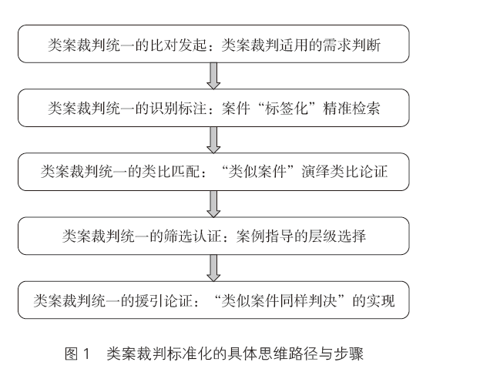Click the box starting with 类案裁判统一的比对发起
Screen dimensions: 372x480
click(214, 45)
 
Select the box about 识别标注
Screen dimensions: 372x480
click(214, 109)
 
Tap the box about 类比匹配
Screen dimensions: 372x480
click(214, 171)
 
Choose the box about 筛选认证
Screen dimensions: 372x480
click(214, 235)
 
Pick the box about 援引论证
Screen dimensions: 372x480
click(214, 300)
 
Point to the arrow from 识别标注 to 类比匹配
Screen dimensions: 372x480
click(214, 140)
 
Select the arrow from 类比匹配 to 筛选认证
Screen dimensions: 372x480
click(214, 203)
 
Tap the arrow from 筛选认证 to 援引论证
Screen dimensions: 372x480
click(214, 267)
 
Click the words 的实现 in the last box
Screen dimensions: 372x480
click(374, 300)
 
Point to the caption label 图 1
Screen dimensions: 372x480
click(79, 354)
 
